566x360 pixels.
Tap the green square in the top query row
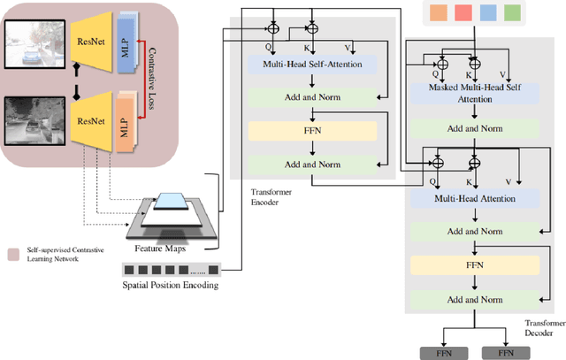point(513,13)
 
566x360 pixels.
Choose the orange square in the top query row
point(438,13)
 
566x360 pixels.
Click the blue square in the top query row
point(488,13)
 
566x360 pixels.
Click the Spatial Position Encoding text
point(172,285)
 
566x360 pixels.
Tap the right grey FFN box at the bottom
point(507,351)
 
